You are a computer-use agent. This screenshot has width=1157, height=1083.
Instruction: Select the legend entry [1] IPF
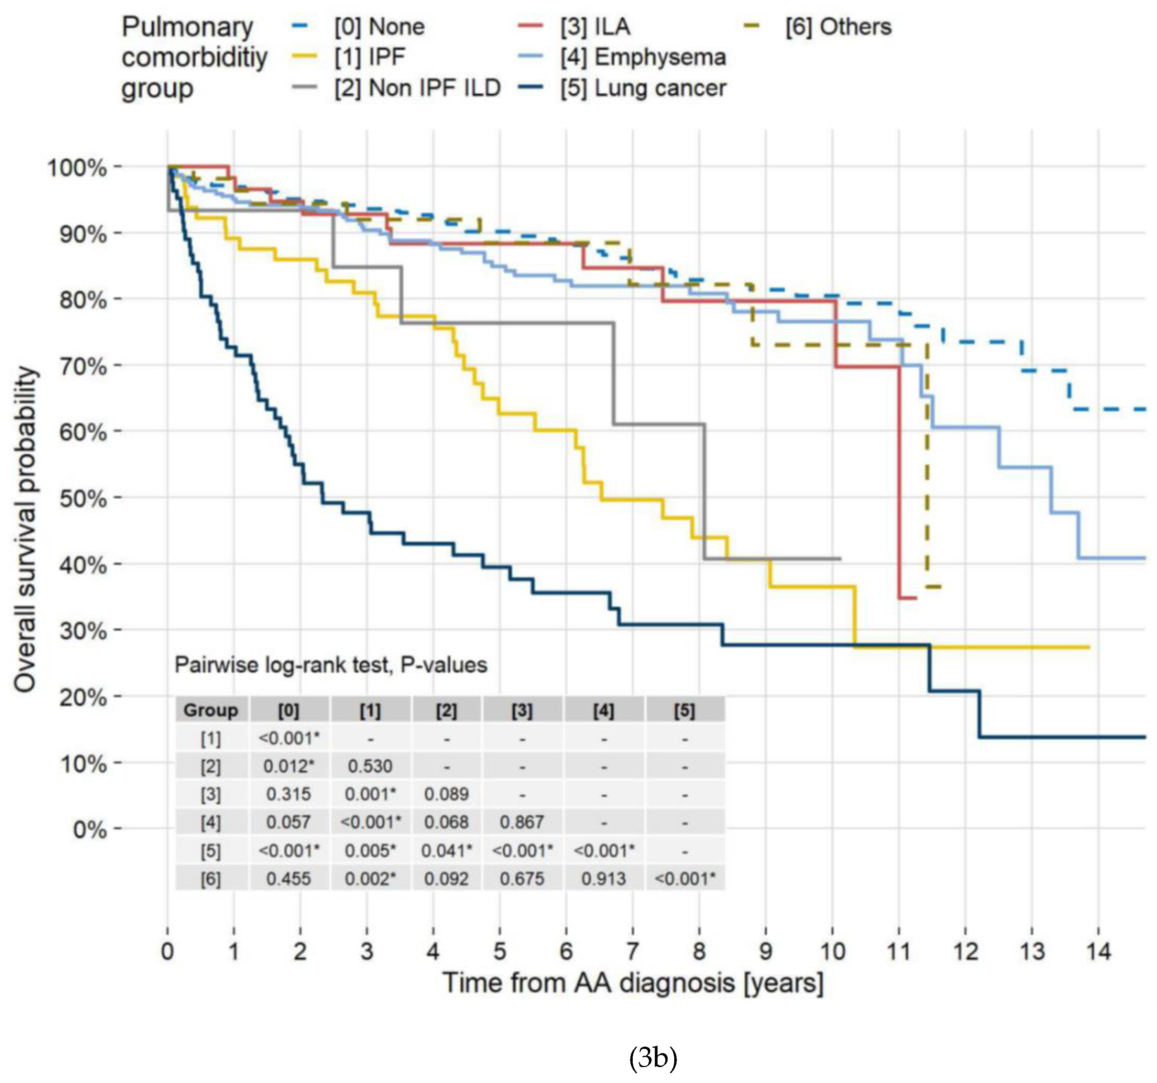point(370,57)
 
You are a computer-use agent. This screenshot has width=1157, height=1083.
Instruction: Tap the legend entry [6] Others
point(838,27)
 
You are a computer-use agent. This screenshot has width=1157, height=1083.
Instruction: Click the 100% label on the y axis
point(77,168)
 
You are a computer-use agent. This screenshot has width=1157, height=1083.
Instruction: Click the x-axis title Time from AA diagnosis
point(633,983)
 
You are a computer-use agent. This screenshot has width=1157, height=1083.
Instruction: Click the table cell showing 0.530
point(370,766)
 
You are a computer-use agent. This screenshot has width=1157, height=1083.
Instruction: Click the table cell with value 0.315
point(289,794)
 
